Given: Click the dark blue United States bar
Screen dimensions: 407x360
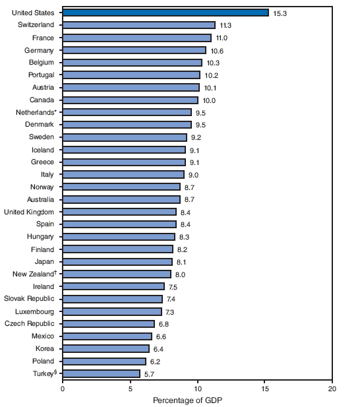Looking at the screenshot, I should click(x=165, y=13).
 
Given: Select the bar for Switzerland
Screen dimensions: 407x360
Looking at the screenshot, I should click(x=138, y=25).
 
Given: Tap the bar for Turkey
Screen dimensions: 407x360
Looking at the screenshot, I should click(x=102, y=373).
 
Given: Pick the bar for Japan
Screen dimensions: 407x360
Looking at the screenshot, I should click(x=117, y=262).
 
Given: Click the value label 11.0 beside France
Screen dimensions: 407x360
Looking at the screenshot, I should click(x=222, y=38).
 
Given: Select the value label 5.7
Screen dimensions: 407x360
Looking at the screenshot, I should click(x=150, y=374).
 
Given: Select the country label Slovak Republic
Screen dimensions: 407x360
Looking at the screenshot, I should click(x=30, y=299).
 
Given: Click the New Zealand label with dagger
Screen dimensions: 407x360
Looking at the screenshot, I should click(x=36, y=274).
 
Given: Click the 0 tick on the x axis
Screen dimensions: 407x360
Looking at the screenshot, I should click(x=63, y=389).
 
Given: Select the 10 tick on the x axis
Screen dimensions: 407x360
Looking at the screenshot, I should click(x=198, y=389).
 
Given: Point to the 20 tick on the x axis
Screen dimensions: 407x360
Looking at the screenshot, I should click(x=333, y=389).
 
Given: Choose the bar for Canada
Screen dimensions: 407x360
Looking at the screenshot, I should click(x=130, y=100).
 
